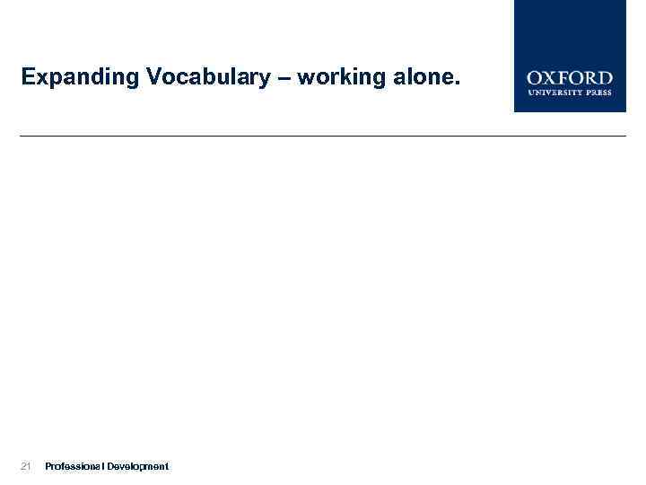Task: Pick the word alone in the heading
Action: click(x=421, y=78)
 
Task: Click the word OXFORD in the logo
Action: click(x=570, y=78)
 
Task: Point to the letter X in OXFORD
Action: click(x=551, y=78)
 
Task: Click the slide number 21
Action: click(x=26, y=466)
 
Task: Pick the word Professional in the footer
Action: click(x=74, y=466)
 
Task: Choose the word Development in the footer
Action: click(x=137, y=466)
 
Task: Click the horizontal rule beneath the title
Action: click(x=323, y=136)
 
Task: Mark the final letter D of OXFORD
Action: click(x=605, y=78)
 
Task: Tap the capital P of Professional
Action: click(x=48, y=466)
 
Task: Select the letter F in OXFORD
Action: click(x=563, y=78)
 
